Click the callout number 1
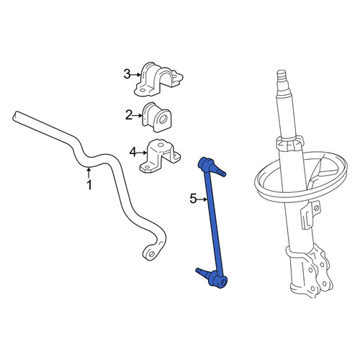(x=89, y=185)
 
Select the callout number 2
(x=129, y=115)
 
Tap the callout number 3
(x=127, y=74)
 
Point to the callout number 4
(x=133, y=152)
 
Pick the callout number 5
(x=193, y=199)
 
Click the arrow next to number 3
(x=136, y=75)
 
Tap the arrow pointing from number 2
(x=138, y=116)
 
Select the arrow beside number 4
(x=142, y=153)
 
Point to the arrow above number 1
(x=89, y=173)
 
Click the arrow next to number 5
(x=202, y=199)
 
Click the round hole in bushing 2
(x=163, y=119)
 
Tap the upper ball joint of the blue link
(x=206, y=164)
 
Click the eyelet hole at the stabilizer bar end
(x=151, y=254)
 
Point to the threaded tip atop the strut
(x=282, y=76)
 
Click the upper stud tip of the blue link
(x=223, y=174)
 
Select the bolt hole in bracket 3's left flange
(x=142, y=91)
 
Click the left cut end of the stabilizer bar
(x=15, y=116)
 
